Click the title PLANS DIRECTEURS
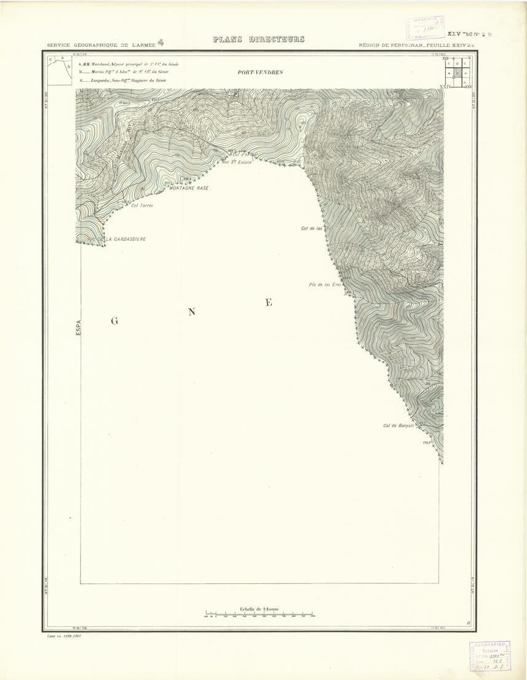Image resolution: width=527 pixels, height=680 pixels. click(x=258, y=40)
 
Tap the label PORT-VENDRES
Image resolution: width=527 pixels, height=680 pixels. click(x=260, y=73)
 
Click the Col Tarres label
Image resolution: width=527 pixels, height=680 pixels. click(x=142, y=206)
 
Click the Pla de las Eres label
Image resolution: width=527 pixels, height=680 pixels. click(x=325, y=285)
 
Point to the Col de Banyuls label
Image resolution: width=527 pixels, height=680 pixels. click(x=399, y=425)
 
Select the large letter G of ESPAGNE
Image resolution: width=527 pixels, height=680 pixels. click(x=114, y=321)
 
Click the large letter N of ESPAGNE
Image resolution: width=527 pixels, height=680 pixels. click(x=191, y=311)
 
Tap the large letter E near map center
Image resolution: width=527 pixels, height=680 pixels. click(x=268, y=302)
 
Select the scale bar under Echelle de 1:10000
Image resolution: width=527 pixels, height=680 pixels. click(x=260, y=614)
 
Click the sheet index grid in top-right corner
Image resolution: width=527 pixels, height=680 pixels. click(x=456, y=73)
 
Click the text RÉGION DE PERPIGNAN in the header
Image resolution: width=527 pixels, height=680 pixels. click(x=394, y=46)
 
